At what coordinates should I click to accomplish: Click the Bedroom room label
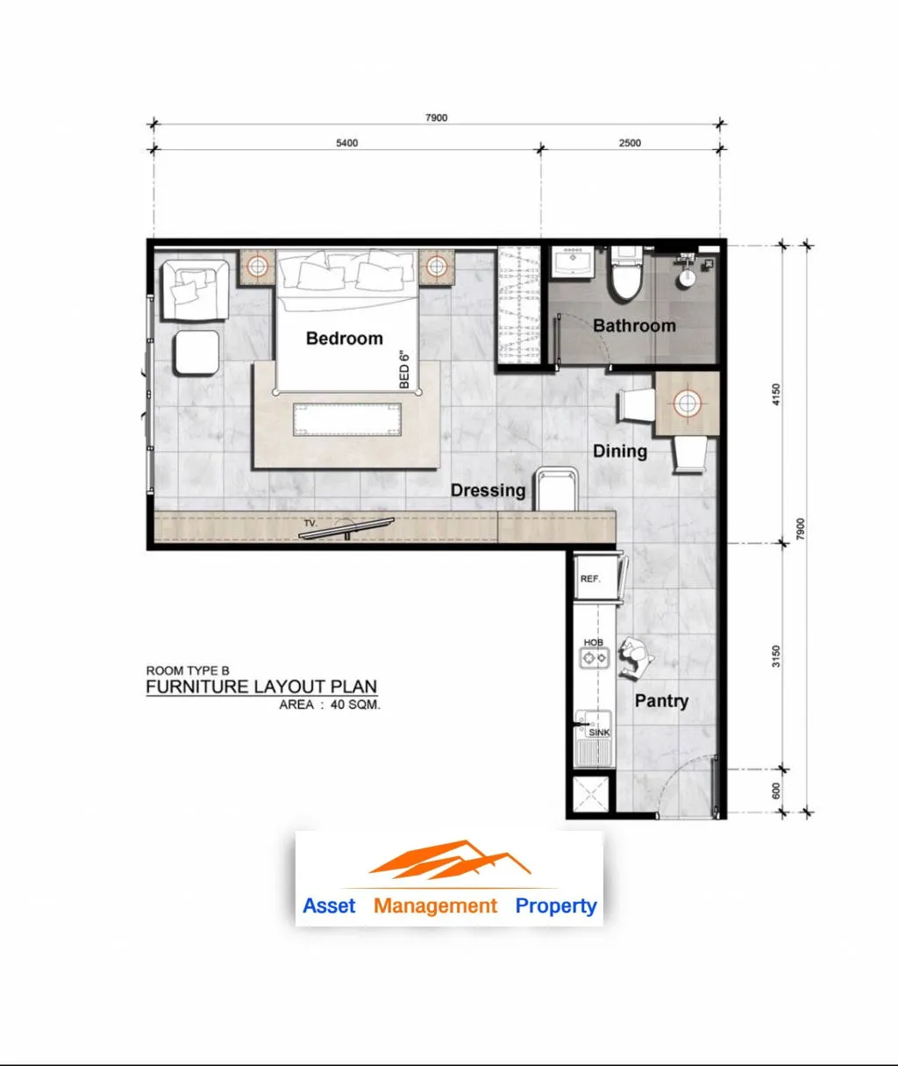click(345, 338)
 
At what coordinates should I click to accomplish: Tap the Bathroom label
click(634, 326)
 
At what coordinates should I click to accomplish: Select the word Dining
click(620, 451)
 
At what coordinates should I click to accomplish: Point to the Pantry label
click(661, 701)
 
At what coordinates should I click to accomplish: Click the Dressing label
click(488, 490)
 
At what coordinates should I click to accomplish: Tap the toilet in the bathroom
click(626, 273)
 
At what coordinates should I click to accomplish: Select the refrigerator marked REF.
click(596, 578)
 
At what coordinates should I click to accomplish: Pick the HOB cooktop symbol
click(595, 658)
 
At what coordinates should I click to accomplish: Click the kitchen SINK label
click(599, 733)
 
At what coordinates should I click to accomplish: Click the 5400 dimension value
click(347, 143)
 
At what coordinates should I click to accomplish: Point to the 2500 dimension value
click(630, 143)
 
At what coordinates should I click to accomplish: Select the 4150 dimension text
click(775, 394)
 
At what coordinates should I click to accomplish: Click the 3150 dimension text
click(775, 656)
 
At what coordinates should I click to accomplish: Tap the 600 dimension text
click(775, 791)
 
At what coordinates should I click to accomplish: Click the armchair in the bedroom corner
click(196, 290)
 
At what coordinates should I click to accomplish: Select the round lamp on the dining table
click(687, 404)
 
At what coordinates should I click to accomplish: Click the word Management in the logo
click(435, 905)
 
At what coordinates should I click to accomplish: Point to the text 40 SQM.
click(355, 705)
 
